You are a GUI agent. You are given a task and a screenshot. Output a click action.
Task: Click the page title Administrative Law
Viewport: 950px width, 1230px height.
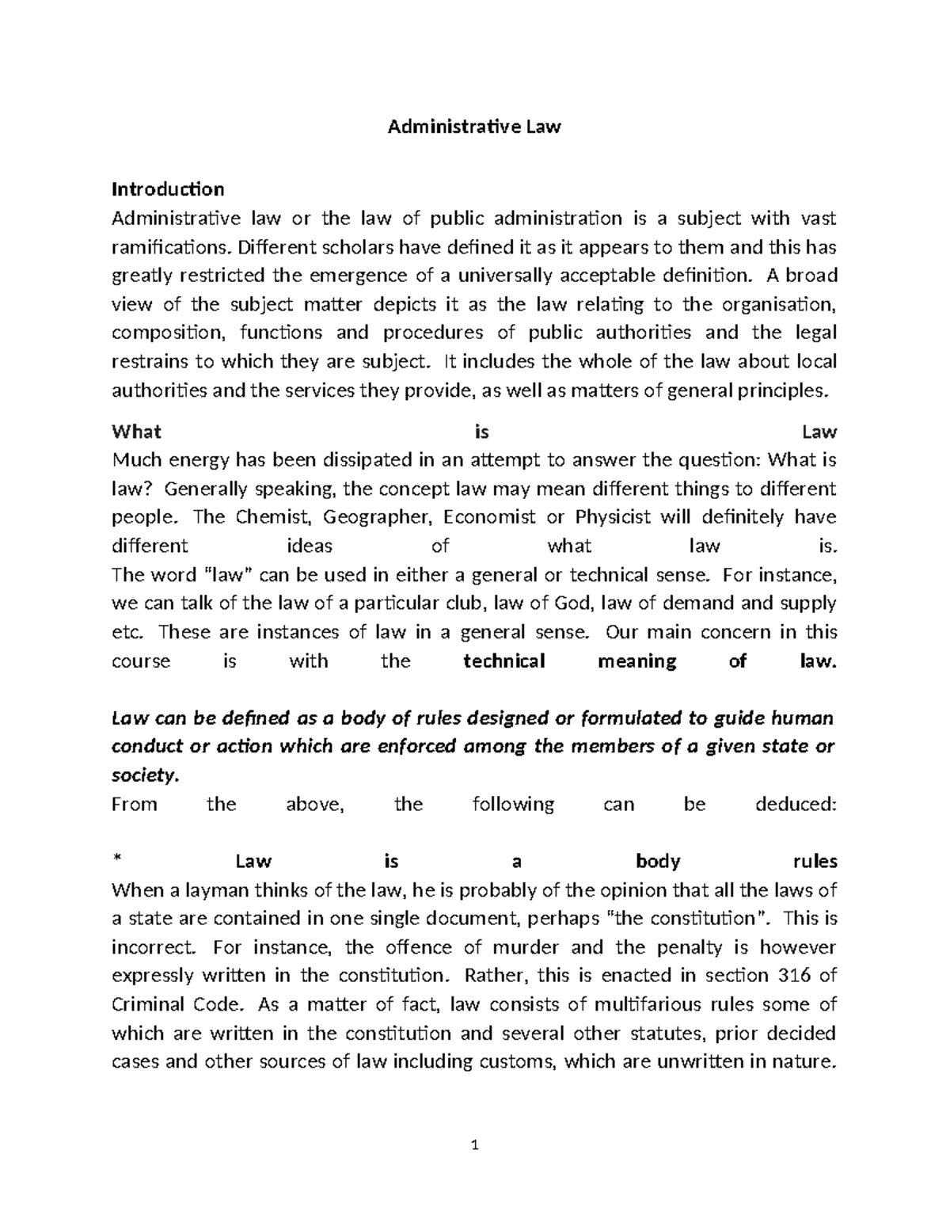coord(473,127)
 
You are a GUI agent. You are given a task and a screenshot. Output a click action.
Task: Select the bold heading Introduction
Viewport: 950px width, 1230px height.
coord(168,189)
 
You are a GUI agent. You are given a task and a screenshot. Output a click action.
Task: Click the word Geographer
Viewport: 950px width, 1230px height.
coord(378,517)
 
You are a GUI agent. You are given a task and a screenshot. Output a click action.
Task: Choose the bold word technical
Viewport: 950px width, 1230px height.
coord(504,661)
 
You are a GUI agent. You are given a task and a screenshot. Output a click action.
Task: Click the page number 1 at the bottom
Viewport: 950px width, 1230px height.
coord(475,1145)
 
